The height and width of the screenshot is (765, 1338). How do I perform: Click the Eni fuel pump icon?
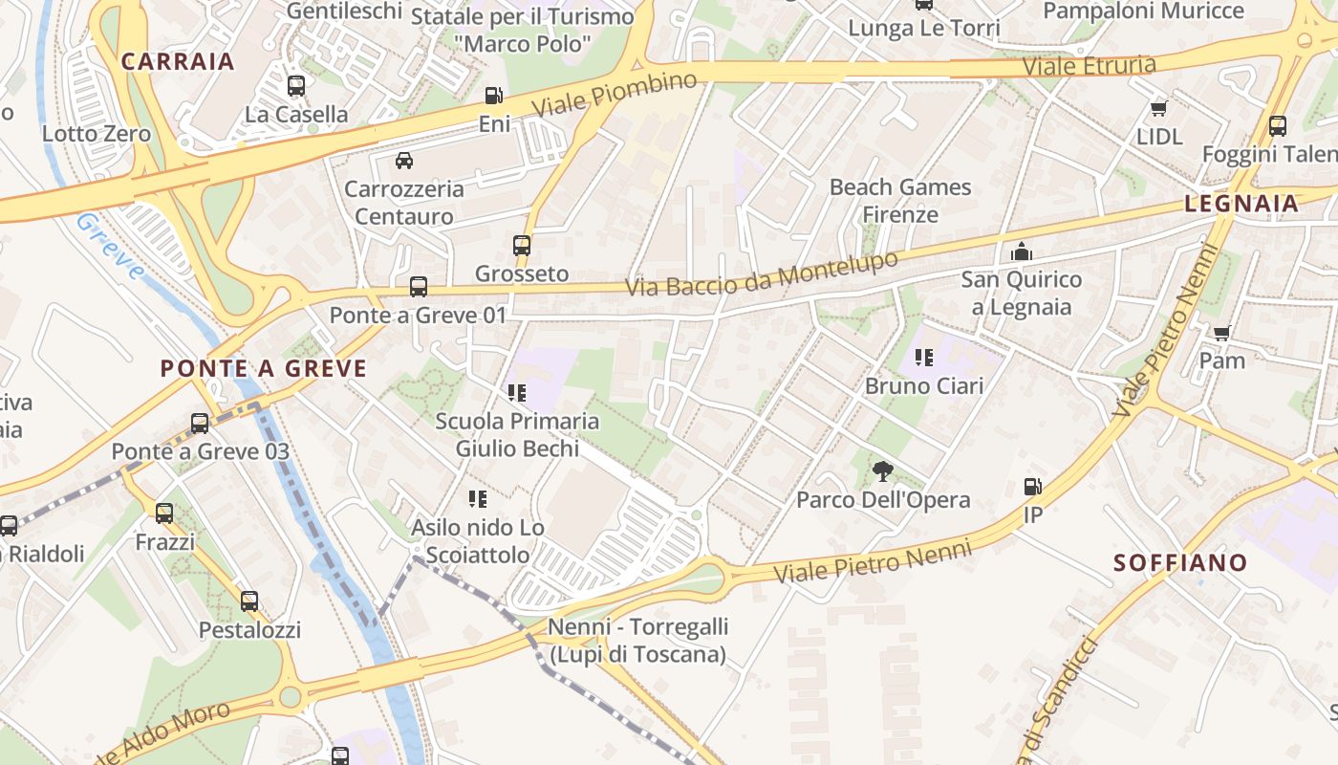[x=493, y=96]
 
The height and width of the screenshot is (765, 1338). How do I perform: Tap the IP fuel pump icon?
[x=1032, y=486]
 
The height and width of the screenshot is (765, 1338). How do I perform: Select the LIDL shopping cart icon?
[x=1159, y=108]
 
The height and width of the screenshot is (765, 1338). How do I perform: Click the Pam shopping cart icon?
[x=1221, y=333]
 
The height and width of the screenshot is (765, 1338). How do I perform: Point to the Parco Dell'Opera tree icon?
[x=882, y=470]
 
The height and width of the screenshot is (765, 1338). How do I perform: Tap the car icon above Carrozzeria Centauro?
[x=404, y=160]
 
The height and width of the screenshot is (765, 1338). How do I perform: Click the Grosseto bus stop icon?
[x=522, y=245]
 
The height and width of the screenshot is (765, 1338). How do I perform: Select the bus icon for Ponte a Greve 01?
[x=418, y=286]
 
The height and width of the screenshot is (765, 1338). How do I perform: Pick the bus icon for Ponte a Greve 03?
[x=200, y=423]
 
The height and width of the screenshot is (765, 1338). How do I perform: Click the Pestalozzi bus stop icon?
[x=249, y=601]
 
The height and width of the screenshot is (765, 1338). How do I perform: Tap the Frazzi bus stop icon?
[x=164, y=514]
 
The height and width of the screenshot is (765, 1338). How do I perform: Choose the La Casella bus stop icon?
[x=296, y=86]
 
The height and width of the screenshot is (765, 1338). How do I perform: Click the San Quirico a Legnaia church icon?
[x=1022, y=251]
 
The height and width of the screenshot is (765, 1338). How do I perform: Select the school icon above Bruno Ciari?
[x=923, y=358]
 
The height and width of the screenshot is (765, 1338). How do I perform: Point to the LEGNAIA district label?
[x=1241, y=203]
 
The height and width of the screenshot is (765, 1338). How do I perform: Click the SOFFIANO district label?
[x=1180, y=562]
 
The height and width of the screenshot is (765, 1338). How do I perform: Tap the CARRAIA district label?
[x=178, y=61]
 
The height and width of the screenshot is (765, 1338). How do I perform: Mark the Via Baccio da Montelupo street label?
[x=762, y=273]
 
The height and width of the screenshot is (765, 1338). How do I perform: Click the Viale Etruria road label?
[x=1089, y=66]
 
